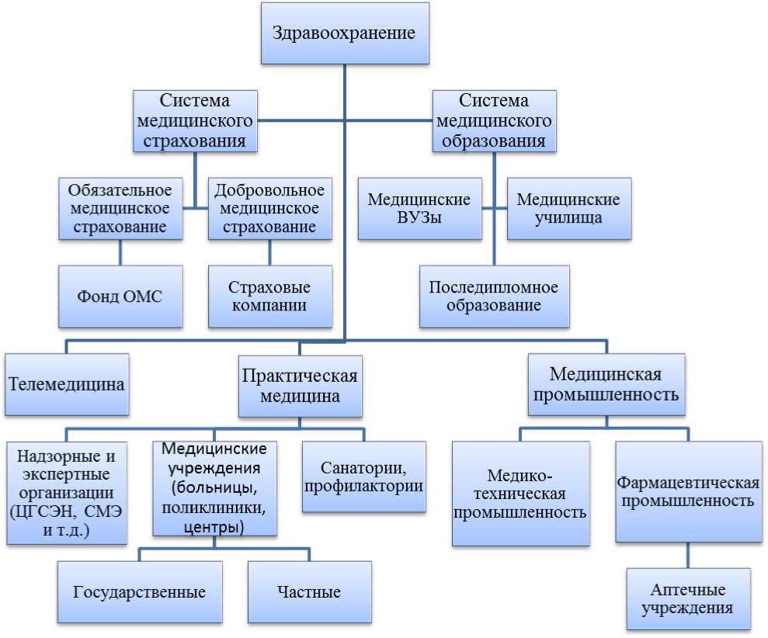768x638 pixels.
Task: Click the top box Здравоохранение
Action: tap(344, 34)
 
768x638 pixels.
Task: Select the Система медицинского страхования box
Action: tap(195, 120)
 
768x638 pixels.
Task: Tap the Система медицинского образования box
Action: tap(494, 120)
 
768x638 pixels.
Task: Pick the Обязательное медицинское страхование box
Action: tap(120, 208)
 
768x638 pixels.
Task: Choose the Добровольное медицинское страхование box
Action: tap(269, 208)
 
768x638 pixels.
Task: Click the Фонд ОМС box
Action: tap(120, 296)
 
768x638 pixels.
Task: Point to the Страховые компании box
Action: tap(269, 296)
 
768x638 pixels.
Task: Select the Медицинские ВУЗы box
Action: tap(419, 208)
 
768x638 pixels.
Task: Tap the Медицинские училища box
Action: tap(569, 208)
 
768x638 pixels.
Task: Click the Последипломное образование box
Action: tap(495, 296)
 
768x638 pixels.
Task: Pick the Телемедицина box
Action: tap(67, 384)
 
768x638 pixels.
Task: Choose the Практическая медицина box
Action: tap(299, 385)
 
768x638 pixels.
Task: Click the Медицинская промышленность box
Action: tap(606, 385)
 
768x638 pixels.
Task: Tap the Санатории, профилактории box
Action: tap(364, 477)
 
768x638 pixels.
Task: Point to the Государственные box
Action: tap(140, 592)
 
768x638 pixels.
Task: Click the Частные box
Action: tap(308, 592)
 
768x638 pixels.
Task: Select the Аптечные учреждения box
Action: tap(688, 598)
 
